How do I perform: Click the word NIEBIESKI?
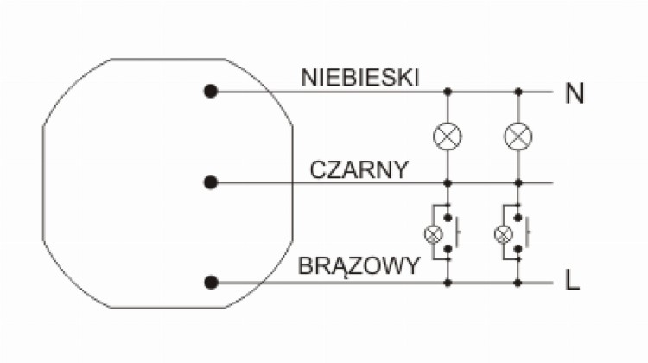(x=360, y=77)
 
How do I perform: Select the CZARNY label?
(x=359, y=169)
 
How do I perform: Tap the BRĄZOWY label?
(x=359, y=266)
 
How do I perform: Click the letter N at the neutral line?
(x=574, y=93)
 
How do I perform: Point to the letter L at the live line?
(x=572, y=280)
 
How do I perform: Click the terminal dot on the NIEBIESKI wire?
(x=211, y=92)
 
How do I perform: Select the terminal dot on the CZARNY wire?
(x=211, y=182)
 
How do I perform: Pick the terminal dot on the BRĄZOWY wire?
(x=211, y=283)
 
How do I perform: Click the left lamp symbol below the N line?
(x=448, y=137)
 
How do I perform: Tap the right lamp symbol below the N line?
(x=518, y=137)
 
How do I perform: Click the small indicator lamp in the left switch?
(x=433, y=234)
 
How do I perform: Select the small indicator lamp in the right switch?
(x=504, y=234)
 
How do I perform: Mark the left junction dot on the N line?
(x=448, y=92)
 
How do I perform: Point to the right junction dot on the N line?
(x=518, y=92)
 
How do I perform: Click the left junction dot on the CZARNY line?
(x=448, y=182)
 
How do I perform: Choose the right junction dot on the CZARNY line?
(x=518, y=182)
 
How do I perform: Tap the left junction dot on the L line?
(x=448, y=283)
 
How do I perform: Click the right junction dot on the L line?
(x=518, y=283)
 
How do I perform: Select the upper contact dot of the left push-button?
(x=448, y=218)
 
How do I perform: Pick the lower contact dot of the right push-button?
(x=518, y=248)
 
